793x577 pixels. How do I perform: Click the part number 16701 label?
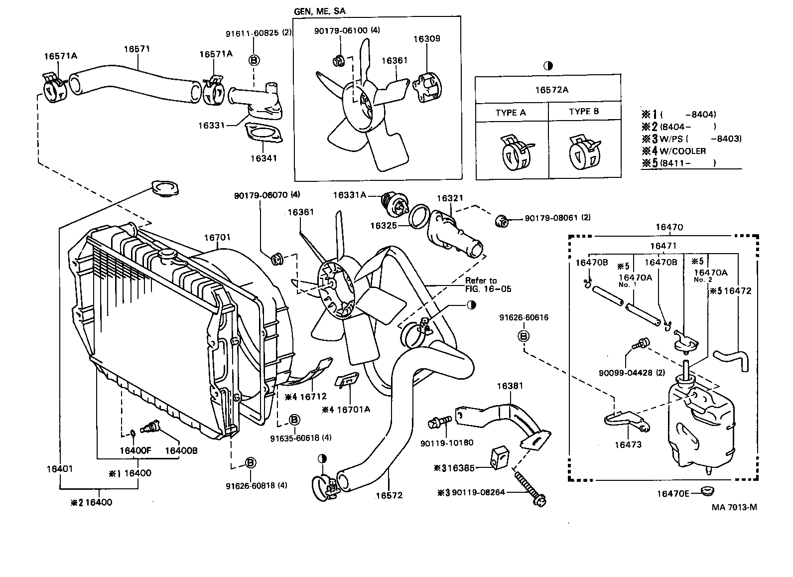click(217, 238)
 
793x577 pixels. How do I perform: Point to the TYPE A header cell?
click(510, 113)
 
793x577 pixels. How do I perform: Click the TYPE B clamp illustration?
click(583, 149)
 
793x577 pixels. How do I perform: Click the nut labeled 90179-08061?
click(502, 220)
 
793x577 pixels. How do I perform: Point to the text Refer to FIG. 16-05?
click(488, 285)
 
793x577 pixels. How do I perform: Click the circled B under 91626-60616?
click(524, 336)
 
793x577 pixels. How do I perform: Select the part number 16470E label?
click(672, 494)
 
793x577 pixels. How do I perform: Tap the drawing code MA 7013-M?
click(734, 507)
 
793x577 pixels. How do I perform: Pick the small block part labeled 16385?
click(501, 457)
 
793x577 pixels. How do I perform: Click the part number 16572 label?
click(389, 495)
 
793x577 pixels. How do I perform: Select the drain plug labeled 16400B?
click(149, 428)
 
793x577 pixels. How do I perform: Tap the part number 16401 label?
click(60, 469)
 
